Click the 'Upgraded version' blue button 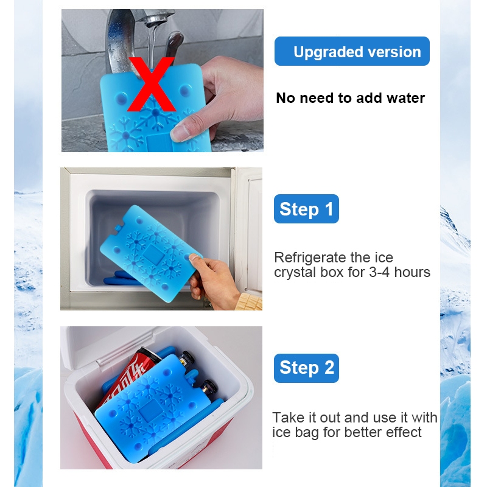352,51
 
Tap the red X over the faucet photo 151,84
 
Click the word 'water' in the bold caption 405,98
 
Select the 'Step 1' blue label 306,209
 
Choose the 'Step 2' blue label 306,368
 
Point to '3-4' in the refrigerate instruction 380,272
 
